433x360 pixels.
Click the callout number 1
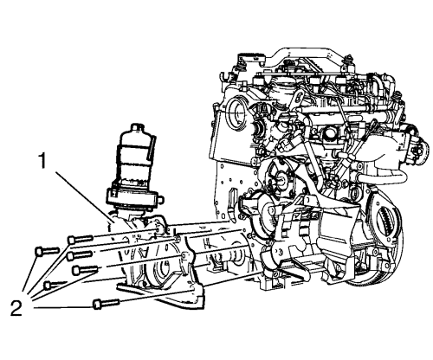[x=43, y=161]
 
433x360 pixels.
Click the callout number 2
[x=16, y=308]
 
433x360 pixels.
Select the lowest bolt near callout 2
[x=107, y=304]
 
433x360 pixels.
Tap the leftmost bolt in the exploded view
[x=47, y=251]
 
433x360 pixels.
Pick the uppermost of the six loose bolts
[x=81, y=239]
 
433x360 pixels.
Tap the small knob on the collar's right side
[x=161, y=199]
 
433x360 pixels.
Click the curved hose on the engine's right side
[x=383, y=177]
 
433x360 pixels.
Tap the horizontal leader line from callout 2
[x=63, y=308]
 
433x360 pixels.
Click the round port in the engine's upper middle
[x=330, y=133]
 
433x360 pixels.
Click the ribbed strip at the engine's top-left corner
[x=250, y=55]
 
